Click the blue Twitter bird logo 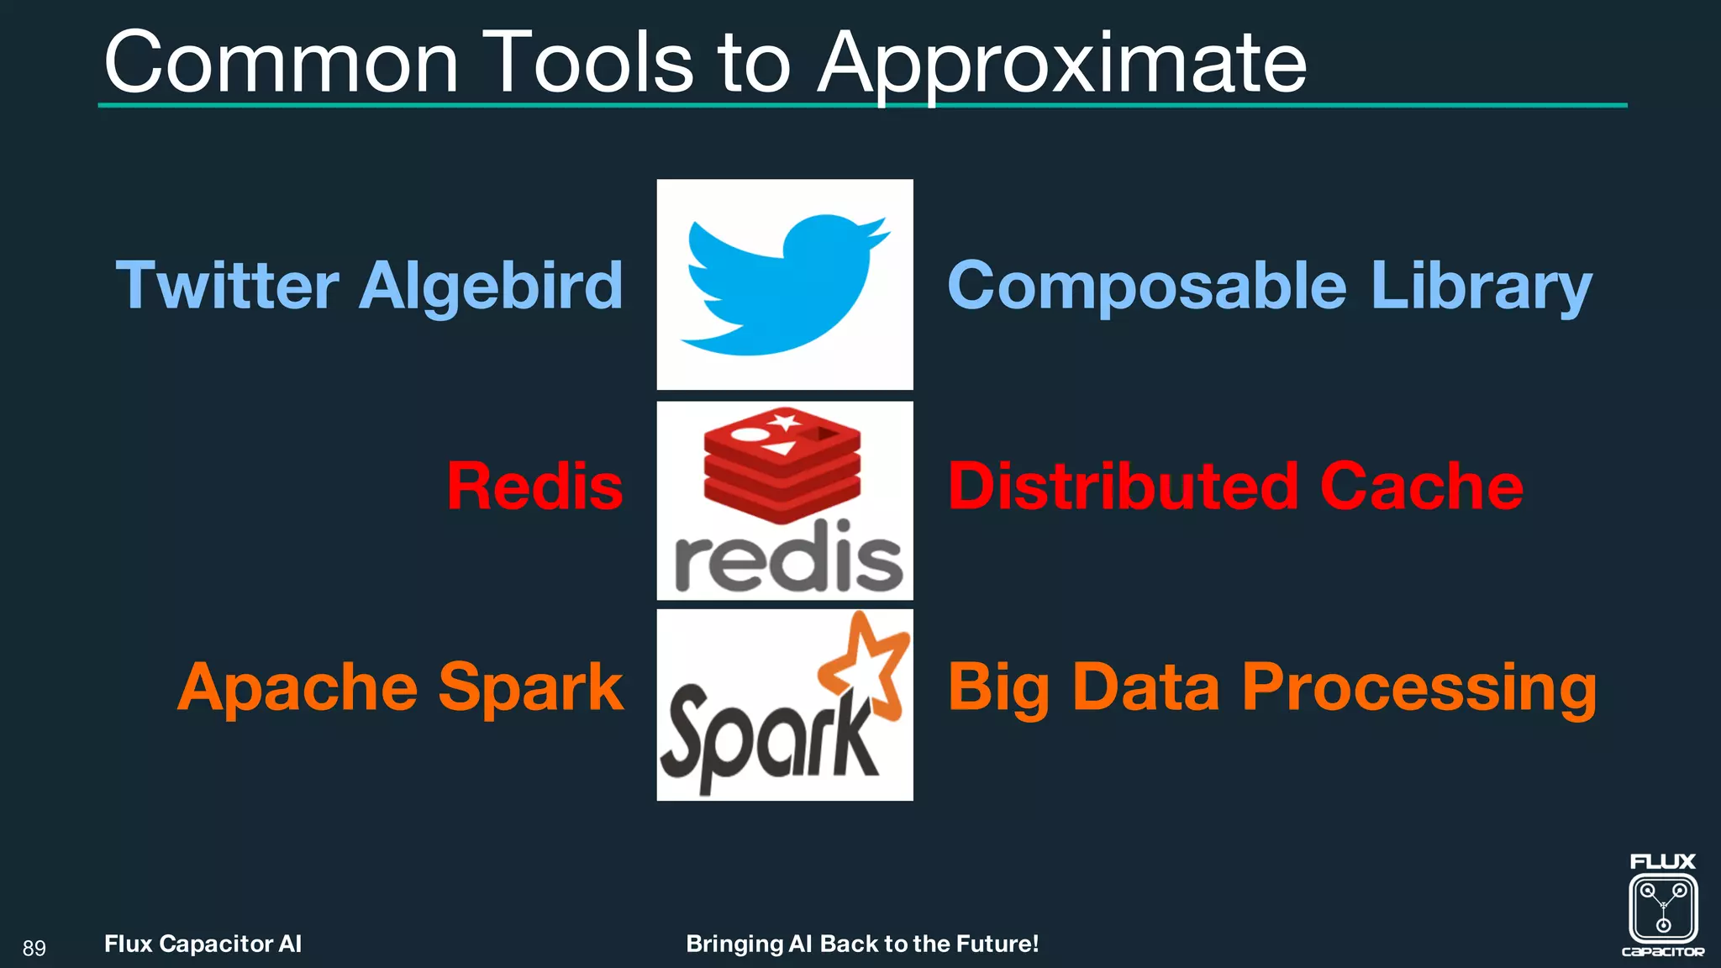785,284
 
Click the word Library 1482,287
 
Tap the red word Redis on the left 535,487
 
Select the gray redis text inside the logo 788,560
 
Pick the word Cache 1421,487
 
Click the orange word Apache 297,687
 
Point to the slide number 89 34,949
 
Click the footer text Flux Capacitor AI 203,944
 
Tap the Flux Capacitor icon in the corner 1662,907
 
